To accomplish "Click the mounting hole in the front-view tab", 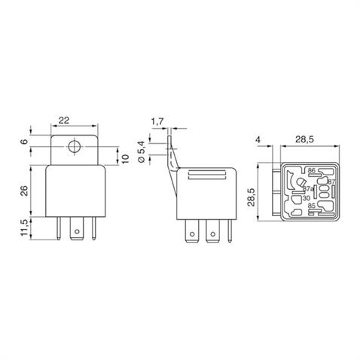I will pos(74,148).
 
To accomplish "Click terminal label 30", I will pos(306,199).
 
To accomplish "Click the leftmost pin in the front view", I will pos(59,229).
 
